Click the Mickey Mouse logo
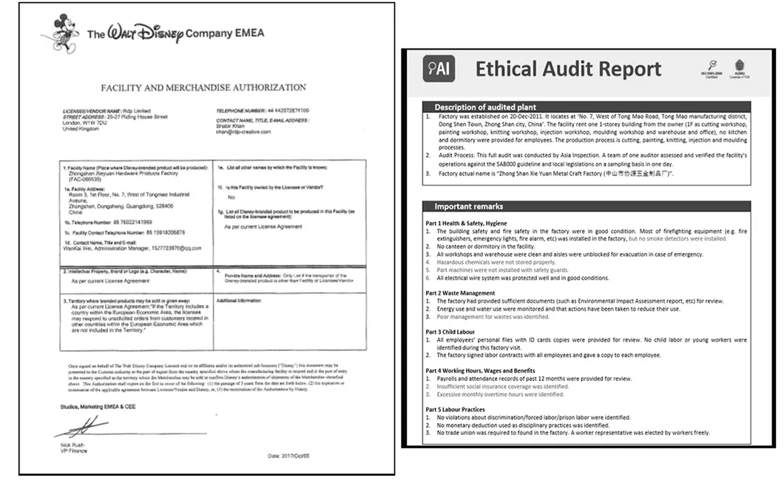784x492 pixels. (65, 33)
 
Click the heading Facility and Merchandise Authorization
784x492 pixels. (203, 87)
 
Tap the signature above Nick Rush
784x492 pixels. (83, 426)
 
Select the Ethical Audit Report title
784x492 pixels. (568, 70)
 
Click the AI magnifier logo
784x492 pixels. (439, 69)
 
